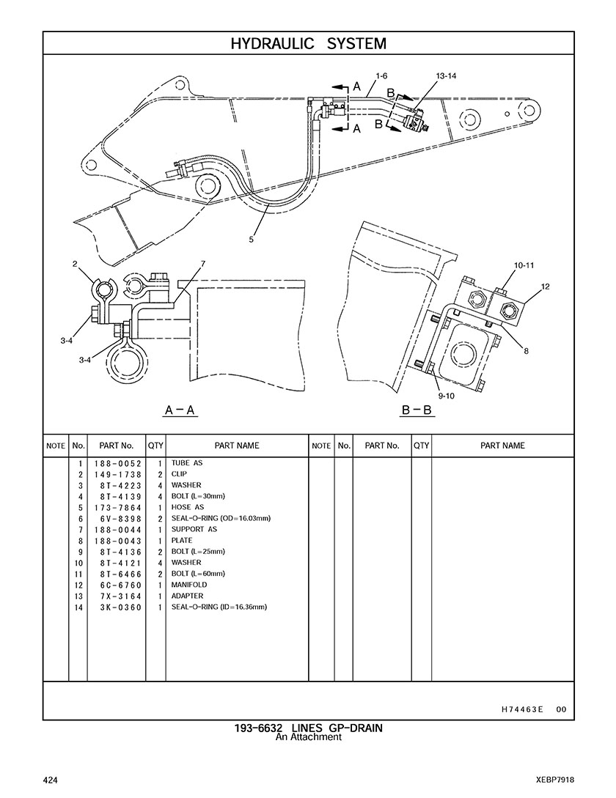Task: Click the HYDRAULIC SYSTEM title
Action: point(308,44)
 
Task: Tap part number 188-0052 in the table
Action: point(117,463)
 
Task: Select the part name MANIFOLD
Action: point(189,585)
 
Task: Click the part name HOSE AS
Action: point(188,507)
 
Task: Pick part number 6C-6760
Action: point(117,585)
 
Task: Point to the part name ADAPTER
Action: point(188,596)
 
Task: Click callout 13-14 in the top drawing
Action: point(445,76)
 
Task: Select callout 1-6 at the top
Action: point(381,76)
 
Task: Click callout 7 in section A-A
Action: point(202,264)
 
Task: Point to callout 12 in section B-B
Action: point(545,287)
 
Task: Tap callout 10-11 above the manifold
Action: point(524,265)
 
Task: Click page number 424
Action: point(51,779)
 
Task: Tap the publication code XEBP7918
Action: point(554,779)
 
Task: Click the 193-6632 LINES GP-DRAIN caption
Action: point(308,728)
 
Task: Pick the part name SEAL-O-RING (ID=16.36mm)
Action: point(219,607)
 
